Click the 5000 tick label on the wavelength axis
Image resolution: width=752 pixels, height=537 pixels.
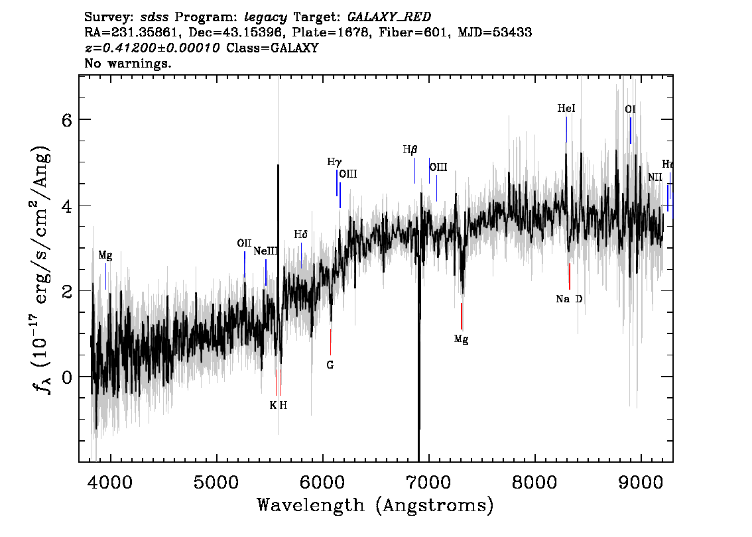coord(216,481)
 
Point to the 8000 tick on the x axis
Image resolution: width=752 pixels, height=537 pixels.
coord(534,481)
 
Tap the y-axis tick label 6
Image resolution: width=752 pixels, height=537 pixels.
coord(66,120)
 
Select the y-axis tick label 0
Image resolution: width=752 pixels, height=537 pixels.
coord(66,377)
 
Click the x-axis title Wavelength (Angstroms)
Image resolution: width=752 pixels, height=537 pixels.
coord(375,506)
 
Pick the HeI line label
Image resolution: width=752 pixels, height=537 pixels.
coord(566,109)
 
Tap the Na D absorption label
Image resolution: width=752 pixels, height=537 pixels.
coord(569,299)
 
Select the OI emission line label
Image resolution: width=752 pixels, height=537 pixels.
coord(630,109)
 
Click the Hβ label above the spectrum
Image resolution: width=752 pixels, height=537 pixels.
coord(410,150)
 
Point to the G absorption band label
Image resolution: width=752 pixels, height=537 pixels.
coord(330,364)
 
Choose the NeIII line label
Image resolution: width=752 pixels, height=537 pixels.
coord(266,251)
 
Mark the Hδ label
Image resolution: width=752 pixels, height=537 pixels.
coord(301,234)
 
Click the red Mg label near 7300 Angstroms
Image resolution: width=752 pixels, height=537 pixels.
coord(462,339)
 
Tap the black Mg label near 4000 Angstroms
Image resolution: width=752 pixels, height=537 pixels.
coord(105,255)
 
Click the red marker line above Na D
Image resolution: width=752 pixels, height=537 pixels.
coord(569,276)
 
